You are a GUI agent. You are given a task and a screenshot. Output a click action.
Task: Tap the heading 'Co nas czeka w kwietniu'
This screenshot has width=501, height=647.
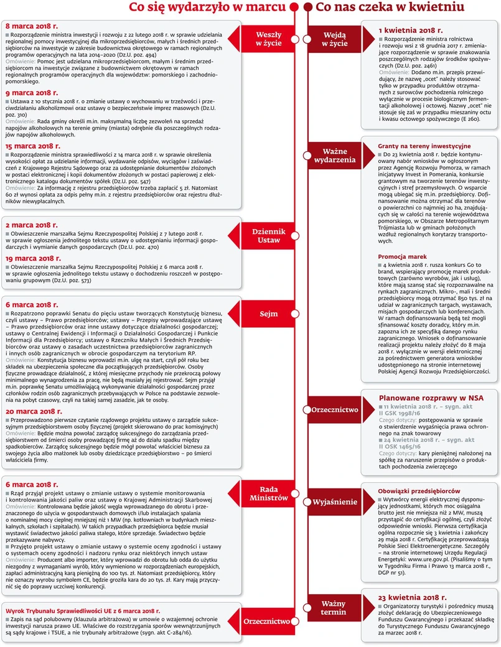(390, 7)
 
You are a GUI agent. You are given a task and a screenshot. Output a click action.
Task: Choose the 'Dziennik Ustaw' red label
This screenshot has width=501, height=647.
(269, 235)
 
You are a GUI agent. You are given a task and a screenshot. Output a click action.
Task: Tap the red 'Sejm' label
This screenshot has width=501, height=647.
(269, 314)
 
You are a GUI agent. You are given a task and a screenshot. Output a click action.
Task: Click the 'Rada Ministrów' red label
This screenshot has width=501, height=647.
(269, 493)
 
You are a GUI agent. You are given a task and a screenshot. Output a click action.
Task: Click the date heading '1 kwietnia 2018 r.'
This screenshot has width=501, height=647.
(411, 30)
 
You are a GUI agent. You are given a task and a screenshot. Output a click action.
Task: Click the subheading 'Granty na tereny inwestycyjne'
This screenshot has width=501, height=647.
(419, 145)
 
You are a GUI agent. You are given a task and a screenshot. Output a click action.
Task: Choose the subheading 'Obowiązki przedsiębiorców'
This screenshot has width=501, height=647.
(418, 491)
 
